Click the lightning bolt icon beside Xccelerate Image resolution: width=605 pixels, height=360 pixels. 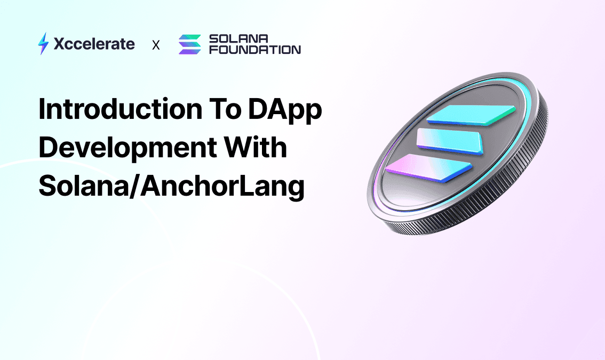[x=43, y=44]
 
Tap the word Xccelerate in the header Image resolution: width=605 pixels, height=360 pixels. [x=94, y=44]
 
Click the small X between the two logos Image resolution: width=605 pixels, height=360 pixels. [x=156, y=45]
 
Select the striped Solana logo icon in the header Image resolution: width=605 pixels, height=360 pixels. [x=189, y=44]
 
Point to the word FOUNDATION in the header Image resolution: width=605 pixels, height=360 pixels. [x=255, y=50]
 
